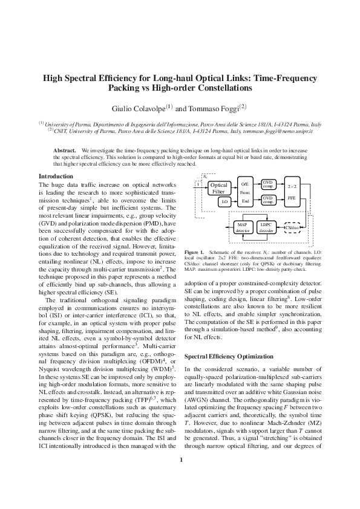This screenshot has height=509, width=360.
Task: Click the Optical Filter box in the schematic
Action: [218, 188]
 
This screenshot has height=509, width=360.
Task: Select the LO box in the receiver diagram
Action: [224, 201]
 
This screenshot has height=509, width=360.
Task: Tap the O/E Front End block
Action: [245, 192]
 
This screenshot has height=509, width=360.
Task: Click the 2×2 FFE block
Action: [292, 192]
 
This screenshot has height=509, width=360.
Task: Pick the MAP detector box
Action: [243, 227]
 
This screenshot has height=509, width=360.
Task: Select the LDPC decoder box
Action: [266, 227]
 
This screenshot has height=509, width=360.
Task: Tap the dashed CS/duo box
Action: [293, 228]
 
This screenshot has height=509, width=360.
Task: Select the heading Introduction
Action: [56, 176]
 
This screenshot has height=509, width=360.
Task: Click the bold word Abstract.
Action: [64, 149]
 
